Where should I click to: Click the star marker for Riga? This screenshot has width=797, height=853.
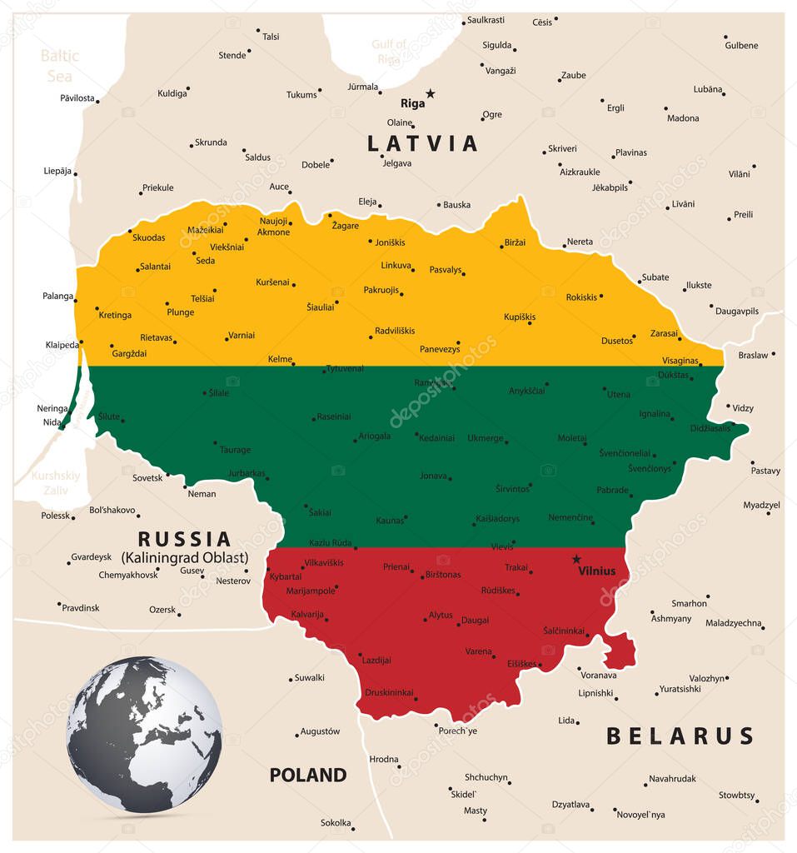tap(431, 93)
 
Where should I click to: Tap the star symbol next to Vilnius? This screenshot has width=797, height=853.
tap(575, 559)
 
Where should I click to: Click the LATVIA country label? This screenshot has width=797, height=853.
tap(423, 143)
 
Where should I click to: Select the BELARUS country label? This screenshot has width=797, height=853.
tap(680, 736)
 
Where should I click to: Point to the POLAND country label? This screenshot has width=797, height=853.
tap(307, 775)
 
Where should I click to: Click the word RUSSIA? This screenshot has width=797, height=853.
tap(184, 539)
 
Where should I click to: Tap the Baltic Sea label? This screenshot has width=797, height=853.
tap(59, 65)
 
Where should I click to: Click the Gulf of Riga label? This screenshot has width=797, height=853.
tap(389, 51)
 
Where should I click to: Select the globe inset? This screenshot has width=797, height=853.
tap(144, 735)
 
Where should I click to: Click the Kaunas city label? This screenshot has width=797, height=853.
tap(390, 521)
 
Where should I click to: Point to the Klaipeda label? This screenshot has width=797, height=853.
tap(62, 344)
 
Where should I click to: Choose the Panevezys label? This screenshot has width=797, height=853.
tap(440, 349)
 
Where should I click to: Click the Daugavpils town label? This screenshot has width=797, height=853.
tap(737, 311)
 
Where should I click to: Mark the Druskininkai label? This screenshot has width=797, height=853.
tap(389, 692)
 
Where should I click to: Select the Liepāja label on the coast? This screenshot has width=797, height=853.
tap(57, 171)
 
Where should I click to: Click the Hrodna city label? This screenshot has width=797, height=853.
tap(384, 759)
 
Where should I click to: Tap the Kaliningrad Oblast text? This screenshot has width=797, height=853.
tap(184, 556)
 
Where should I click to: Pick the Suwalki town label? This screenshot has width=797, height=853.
tap(310, 677)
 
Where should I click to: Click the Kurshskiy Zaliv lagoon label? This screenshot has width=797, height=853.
tap(56, 482)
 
